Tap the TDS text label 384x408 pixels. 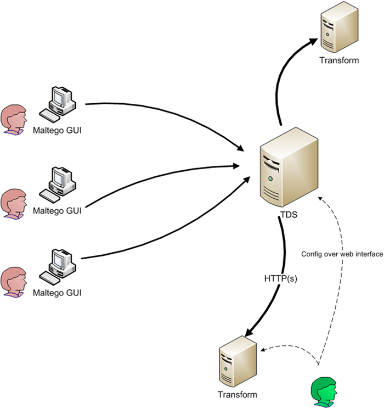tap(288, 215)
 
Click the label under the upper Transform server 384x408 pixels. tap(339, 60)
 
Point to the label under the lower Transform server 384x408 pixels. tap(237, 394)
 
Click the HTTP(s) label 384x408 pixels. tap(280, 279)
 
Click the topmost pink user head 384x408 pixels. tap(14, 119)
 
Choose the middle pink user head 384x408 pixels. tap(14, 203)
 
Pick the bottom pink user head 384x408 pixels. tap(14, 282)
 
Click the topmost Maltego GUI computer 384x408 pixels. tap(59, 101)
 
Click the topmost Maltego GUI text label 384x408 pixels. tap(57, 130)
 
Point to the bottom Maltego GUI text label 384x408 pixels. tap(57, 293)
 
